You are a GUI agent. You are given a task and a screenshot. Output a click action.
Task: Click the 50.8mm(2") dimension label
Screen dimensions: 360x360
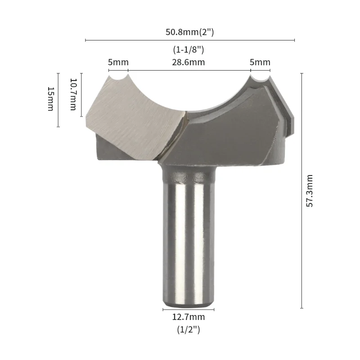[189, 32]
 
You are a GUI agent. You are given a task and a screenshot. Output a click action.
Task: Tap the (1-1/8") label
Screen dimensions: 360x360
[189, 49]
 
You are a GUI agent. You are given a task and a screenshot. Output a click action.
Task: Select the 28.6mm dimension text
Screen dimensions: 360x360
[189, 62]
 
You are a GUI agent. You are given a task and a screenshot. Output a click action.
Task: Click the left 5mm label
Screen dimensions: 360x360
[118, 62]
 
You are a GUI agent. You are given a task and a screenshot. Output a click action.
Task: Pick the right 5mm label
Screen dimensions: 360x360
[260, 62]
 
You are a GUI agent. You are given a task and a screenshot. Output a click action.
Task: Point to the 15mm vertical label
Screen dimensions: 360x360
[50, 99]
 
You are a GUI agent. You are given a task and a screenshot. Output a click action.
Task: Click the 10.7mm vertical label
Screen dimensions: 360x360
[73, 94]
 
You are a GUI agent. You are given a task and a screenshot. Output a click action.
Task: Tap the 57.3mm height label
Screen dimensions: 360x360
[310, 190]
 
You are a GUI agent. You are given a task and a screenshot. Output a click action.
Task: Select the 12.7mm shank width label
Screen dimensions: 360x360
[189, 317]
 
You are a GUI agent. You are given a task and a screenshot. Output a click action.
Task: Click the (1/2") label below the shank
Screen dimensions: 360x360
[189, 330]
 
